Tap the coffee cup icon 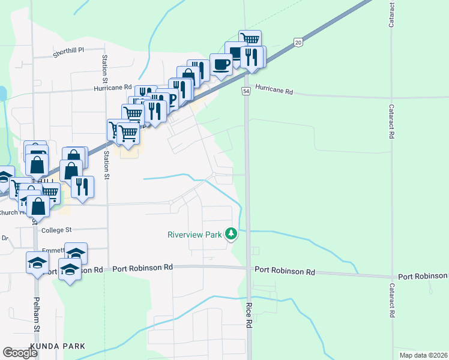tap(221, 64)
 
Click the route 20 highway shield tap(298, 41)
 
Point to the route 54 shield tap(246, 91)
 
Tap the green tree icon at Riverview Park tap(231, 233)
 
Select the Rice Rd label tap(248, 314)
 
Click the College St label tap(56, 230)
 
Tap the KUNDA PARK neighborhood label tap(57, 346)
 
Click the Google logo tap(20, 353)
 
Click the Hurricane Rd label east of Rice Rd tap(274, 91)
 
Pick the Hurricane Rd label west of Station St tap(112, 88)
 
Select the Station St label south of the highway tap(107, 164)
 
